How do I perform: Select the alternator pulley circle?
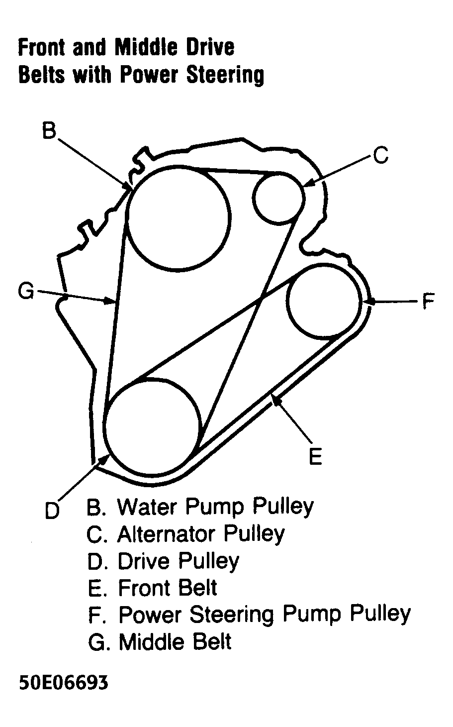tap(278, 198)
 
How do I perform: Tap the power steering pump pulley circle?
tap(324, 301)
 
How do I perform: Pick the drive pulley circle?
tap(152, 428)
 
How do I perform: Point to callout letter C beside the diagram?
tap(380, 156)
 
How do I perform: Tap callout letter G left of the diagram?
tap(25, 292)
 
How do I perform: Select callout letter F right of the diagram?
tap(428, 302)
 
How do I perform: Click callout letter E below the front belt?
tap(315, 456)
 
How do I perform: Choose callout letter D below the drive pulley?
tap(52, 510)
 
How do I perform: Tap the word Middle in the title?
tap(148, 48)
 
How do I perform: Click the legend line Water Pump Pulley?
tap(200, 507)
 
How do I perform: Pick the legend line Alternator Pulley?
tap(185, 534)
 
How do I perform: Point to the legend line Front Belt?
tap(152, 588)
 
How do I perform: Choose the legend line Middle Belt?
tap(160, 641)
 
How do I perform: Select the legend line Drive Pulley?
tap(163, 561)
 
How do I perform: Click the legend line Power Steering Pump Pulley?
tap(249, 615)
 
